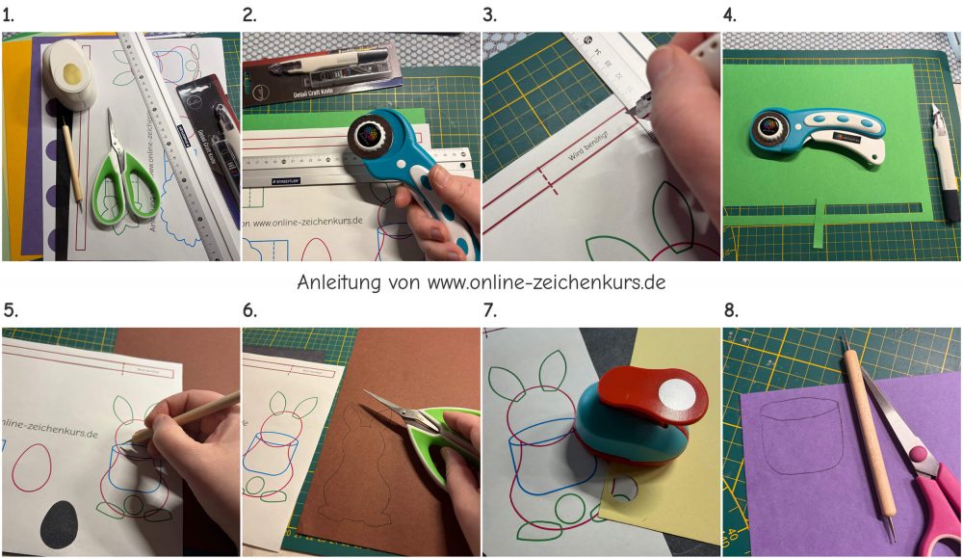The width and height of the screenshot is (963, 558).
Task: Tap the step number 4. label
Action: (x=731, y=14)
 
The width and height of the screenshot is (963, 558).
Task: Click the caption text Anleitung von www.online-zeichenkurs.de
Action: (x=481, y=283)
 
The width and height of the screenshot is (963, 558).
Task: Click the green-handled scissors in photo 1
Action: (x=121, y=178)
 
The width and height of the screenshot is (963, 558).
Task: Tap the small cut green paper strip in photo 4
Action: (x=817, y=223)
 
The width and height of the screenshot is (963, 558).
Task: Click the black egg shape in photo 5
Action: (x=60, y=524)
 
